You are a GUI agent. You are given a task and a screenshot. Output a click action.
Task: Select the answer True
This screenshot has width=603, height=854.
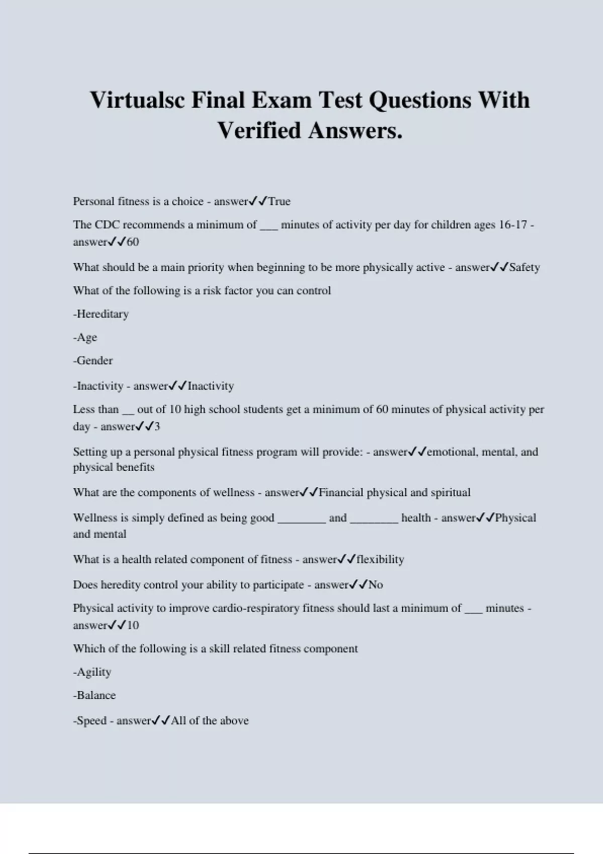pyautogui.click(x=279, y=201)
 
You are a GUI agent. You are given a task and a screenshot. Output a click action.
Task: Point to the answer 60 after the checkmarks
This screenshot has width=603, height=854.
pyautogui.click(x=133, y=242)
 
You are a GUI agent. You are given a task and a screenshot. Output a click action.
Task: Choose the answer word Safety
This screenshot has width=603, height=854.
pyautogui.click(x=525, y=267)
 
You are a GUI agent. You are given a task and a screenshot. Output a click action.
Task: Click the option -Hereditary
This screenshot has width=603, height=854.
pyautogui.click(x=101, y=314)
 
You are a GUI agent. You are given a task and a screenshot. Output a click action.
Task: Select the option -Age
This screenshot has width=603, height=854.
pyautogui.click(x=85, y=338)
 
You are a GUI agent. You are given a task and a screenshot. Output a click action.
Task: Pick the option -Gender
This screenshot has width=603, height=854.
pyautogui.click(x=93, y=361)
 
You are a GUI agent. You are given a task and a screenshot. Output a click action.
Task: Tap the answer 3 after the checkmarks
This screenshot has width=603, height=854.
pyautogui.click(x=157, y=426)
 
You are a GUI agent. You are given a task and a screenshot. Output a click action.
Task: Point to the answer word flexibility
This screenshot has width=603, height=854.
pyautogui.click(x=380, y=560)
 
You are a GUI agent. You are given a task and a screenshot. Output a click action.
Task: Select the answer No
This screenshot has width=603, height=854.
pyautogui.click(x=375, y=585)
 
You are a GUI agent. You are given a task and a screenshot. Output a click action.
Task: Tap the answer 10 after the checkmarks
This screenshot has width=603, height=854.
pyautogui.click(x=133, y=625)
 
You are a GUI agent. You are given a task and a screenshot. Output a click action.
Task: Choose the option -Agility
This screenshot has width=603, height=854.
pyautogui.click(x=92, y=672)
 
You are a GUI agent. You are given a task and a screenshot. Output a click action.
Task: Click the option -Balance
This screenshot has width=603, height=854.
pyautogui.click(x=94, y=695)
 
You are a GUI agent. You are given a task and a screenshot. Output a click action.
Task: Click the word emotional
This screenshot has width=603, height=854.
pyautogui.click(x=451, y=452)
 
